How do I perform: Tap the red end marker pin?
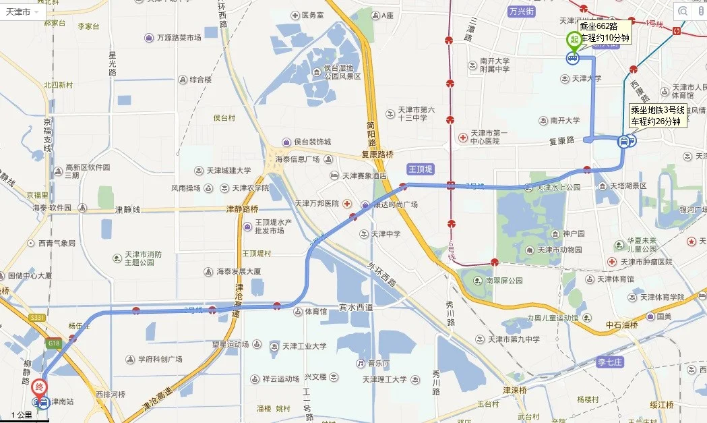coord(40,389)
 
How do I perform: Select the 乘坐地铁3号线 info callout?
coord(657,115)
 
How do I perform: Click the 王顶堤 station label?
coord(421,169)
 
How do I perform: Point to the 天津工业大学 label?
coord(304,346)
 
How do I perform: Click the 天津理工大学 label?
coord(384,379)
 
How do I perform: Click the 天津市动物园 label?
coord(559,250)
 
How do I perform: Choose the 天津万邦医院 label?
coord(317,203)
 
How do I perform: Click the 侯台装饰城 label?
coord(311,142)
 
